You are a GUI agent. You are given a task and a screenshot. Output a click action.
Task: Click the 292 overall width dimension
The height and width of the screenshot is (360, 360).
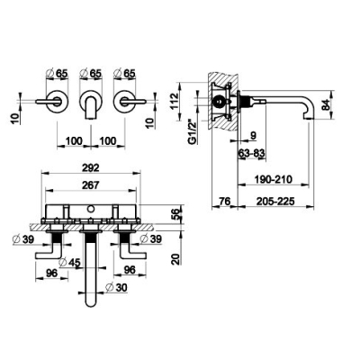pyautogui.click(x=91, y=167)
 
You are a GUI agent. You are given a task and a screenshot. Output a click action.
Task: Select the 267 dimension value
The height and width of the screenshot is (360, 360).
pyautogui.click(x=91, y=185)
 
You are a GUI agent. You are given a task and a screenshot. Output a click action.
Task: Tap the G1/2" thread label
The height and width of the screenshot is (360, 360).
pyautogui.click(x=193, y=132)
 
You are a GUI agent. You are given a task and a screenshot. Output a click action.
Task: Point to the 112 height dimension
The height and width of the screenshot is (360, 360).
pyautogui.click(x=175, y=102)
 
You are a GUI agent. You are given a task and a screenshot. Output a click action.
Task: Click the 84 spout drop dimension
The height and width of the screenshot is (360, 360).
pyautogui.click(x=326, y=104)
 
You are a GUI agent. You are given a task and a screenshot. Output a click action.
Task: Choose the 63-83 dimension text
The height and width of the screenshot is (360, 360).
pyautogui.click(x=252, y=154)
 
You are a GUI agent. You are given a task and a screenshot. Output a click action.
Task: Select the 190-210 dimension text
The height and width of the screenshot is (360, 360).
pyautogui.click(x=273, y=179)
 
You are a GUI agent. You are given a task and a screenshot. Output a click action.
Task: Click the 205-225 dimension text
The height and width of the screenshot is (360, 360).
pyautogui.click(x=275, y=201)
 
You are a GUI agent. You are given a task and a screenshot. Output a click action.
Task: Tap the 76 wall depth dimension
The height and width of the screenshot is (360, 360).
pyautogui.click(x=225, y=201)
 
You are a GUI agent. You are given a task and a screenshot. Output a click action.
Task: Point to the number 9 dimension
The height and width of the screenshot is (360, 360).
pyautogui.click(x=254, y=136)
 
